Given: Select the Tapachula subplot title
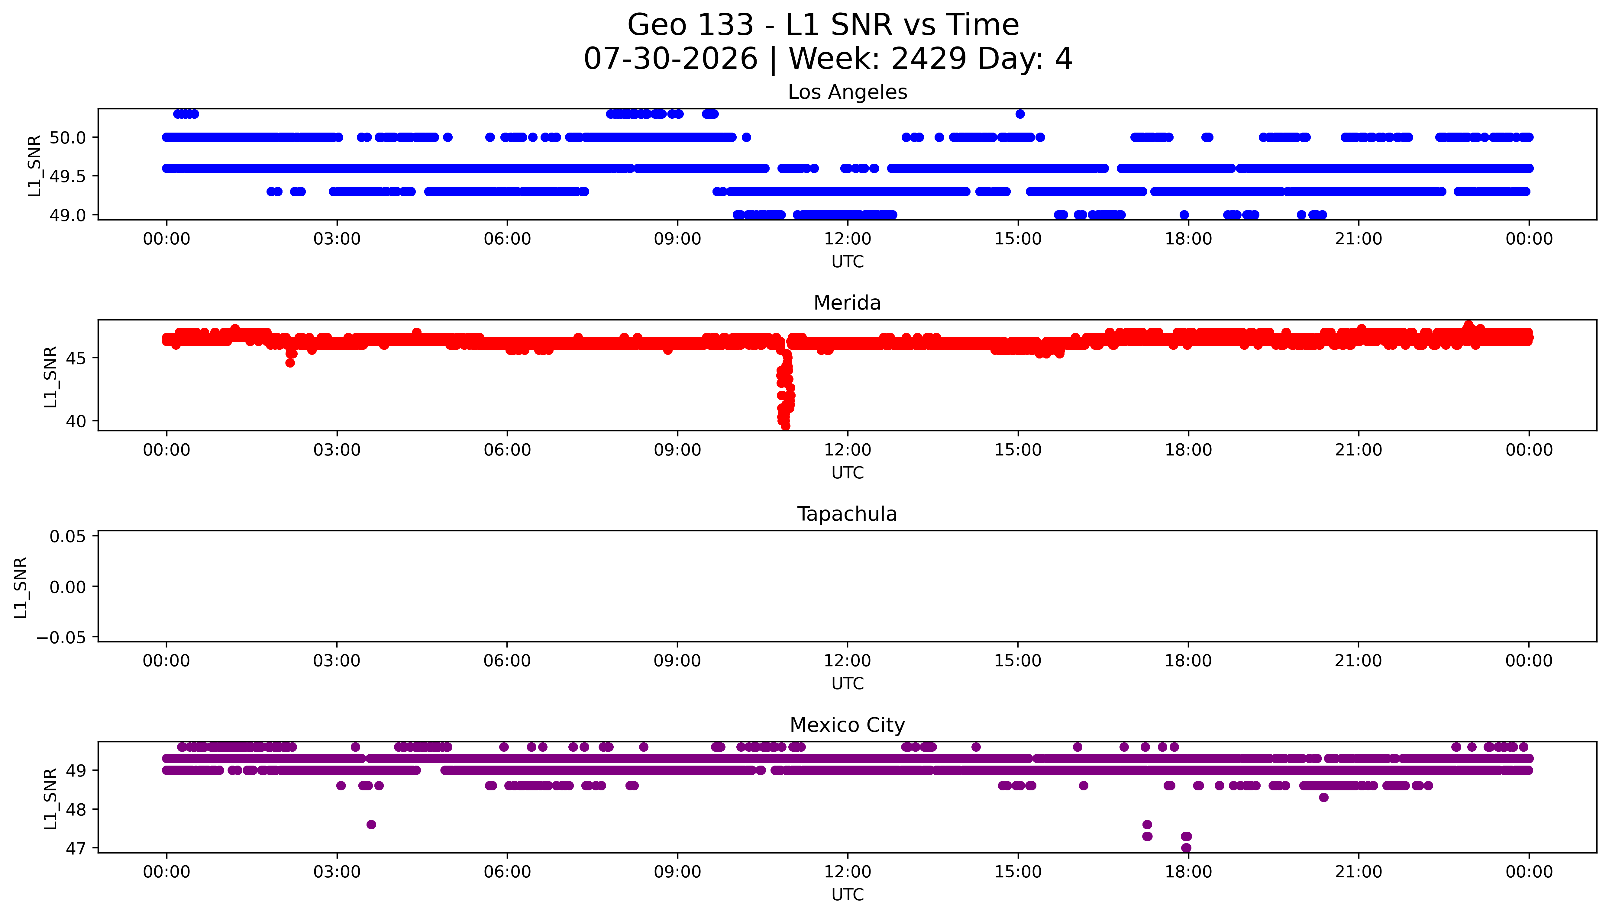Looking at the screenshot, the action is (847, 514).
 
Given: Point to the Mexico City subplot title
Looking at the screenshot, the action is (847, 725).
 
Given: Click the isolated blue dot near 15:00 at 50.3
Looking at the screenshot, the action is (1020, 114).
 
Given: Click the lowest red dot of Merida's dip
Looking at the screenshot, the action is (785, 426).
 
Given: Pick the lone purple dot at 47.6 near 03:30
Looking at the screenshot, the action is (371, 825).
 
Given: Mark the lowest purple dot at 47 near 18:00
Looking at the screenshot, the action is (1186, 848).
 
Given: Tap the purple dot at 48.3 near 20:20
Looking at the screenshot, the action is (1323, 798).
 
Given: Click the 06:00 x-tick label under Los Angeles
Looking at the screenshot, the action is (507, 239).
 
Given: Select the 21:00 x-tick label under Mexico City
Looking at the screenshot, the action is (1359, 872).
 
